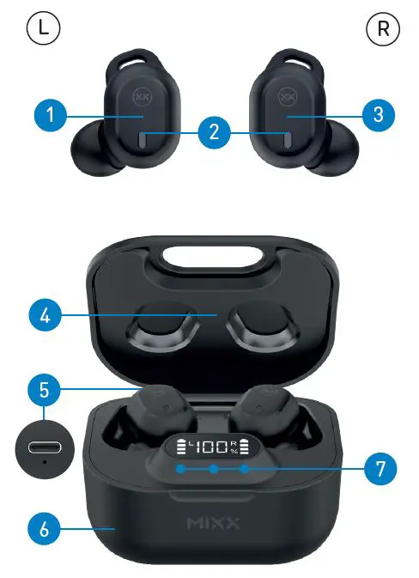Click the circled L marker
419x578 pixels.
(43, 30)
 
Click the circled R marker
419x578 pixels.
(381, 30)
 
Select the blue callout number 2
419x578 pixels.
(213, 132)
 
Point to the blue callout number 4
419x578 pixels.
(46, 315)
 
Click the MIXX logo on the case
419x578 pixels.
(213, 522)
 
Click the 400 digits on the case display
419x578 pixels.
(207, 447)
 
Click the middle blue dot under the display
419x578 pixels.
(212, 469)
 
